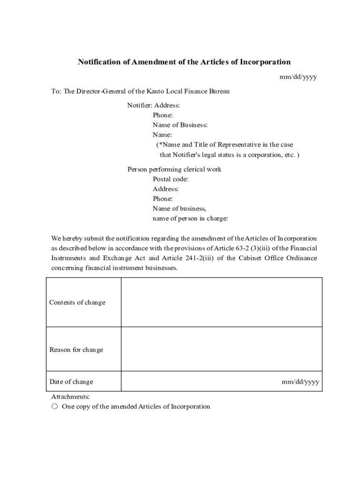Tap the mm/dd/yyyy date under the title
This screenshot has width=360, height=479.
click(298, 77)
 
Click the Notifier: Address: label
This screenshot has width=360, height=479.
click(154, 105)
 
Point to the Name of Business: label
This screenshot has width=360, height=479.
click(180, 125)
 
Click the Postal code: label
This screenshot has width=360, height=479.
click(171, 179)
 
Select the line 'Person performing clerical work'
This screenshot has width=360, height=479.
click(174, 169)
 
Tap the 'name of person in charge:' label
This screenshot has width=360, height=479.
click(190, 218)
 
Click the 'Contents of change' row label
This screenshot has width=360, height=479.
click(78, 302)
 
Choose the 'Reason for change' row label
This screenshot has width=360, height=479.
click(76, 350)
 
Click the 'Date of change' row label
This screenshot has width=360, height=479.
click(72, 382)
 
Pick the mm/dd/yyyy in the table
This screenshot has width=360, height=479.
click(300, 382)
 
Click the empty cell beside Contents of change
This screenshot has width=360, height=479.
click(222, 302)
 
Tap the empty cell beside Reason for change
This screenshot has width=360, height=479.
click(222, 350)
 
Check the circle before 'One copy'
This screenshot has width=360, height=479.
click(55, 406)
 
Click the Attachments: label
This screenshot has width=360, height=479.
click(71, 397)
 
